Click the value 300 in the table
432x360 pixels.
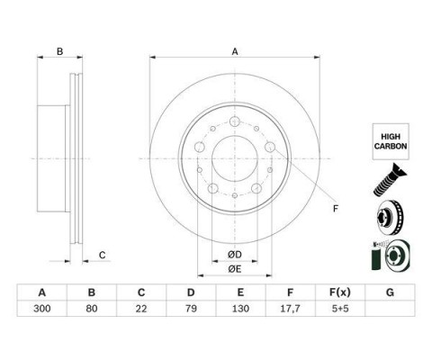tap(42, 309)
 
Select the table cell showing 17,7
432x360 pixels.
tap(290, 309)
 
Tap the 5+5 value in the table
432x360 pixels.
tap(340, 309)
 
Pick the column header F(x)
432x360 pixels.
tap(340, 292)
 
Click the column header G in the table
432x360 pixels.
tap(390, 292)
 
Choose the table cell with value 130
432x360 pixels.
tap(240, 309)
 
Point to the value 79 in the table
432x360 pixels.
tap(191, 309)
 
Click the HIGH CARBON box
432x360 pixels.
tap(391, 141)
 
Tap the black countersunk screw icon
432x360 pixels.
tap(390, 180)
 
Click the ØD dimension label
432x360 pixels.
tap(235, 255)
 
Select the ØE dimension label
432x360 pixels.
tap(235, 269)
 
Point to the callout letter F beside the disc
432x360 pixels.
tap(336, 209)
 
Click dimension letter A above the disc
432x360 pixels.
tap(235, 51)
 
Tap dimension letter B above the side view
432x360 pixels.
tap(60, 51)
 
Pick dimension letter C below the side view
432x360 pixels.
tap(103, 256)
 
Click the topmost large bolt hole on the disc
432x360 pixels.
tap(235, 121)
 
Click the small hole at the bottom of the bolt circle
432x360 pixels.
tap(235, 195)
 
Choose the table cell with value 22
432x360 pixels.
tap(141, 309)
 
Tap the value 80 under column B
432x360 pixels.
tap(92, 309)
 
